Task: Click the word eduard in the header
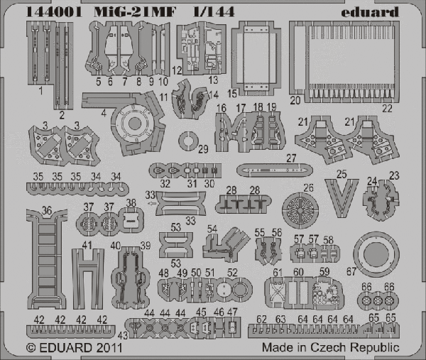(x=370, y=12)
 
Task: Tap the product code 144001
(x=54, y=11)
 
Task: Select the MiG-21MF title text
(x=135, y=12)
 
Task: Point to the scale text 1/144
(x=214, y=11)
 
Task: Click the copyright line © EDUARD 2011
(x=74, y=348)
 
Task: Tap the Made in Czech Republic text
(x=330, y=347)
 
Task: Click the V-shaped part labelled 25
(x=342, y=197)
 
